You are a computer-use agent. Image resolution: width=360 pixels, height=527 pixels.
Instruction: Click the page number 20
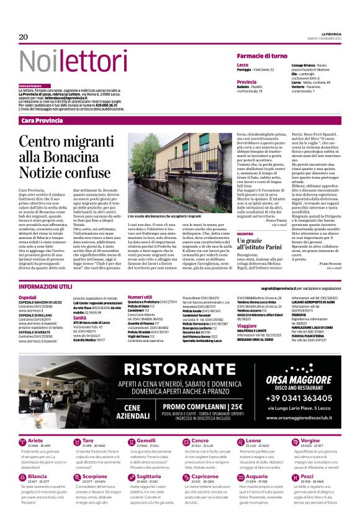pos(24,37)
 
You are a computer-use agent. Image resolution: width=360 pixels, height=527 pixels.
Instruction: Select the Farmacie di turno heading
pos(262,56)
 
